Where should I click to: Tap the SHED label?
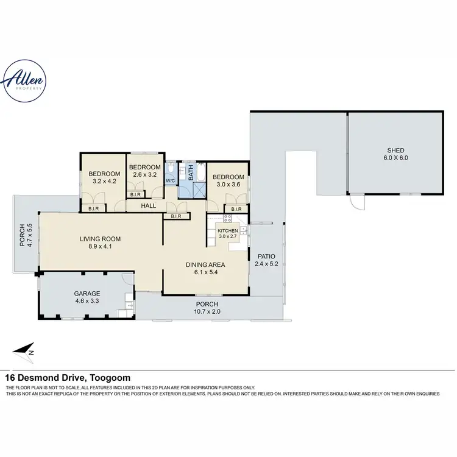[395, 151]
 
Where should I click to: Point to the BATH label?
[190, 172]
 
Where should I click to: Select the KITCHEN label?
[227, 231]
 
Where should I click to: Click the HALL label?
[148, 206]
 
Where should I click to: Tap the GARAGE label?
[87, 292]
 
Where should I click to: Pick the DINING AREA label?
[205, 264]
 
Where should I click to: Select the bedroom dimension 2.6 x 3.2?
[144, 174]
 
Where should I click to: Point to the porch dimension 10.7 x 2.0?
[206, 311]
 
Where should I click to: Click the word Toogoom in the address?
[110, 378]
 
